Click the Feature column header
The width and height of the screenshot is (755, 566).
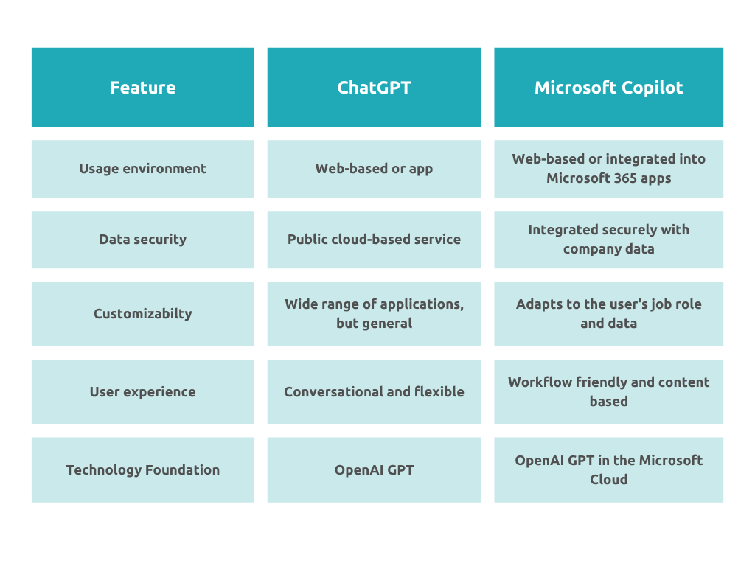tap(142, 87)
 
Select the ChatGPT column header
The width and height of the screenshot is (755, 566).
tap(374, 87)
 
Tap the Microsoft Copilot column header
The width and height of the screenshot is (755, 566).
tap(608, 87)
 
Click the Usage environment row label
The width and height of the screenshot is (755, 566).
tap(142, 169)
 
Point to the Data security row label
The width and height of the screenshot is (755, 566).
tap(142, 240)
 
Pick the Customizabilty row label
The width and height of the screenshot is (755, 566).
tap(142, 314)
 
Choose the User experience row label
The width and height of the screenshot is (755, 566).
tap(142, 392)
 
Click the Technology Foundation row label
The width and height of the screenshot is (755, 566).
tap(142, 469)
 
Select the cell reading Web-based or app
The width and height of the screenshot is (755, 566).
tap(374, 169)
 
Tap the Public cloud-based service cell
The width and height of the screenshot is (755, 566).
tap(374, 240)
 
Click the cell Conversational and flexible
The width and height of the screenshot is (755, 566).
tap(374, 392)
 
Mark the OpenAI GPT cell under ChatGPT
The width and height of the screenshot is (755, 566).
tap(374, 469)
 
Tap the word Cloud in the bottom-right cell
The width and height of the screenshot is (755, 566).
tap(608, 479)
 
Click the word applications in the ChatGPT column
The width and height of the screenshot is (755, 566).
tap(422, 304)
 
